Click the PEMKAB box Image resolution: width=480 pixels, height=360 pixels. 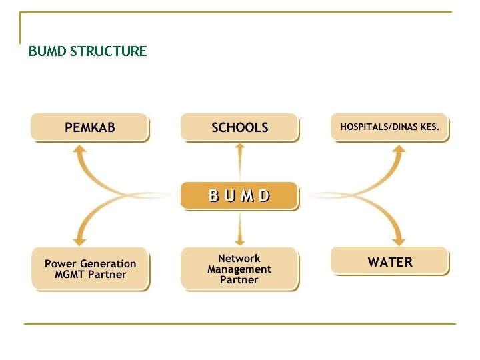(89, 127)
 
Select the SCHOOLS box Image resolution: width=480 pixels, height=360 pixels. (239, 127)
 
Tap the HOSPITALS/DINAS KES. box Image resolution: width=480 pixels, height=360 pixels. (389, 127)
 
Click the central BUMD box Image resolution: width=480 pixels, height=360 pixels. (239, 195)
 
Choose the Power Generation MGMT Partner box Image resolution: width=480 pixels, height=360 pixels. (90, 269)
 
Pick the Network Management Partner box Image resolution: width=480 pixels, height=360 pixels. (239, 269)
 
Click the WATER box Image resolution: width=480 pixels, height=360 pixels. (390, 261)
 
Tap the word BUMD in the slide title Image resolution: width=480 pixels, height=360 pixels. (47, 51)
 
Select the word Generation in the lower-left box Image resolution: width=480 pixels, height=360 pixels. (107, 263)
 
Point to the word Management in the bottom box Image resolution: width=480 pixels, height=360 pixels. (239, 269)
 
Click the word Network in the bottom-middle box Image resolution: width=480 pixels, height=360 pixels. (239, 259)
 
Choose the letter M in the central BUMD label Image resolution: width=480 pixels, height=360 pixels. (248, 195)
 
